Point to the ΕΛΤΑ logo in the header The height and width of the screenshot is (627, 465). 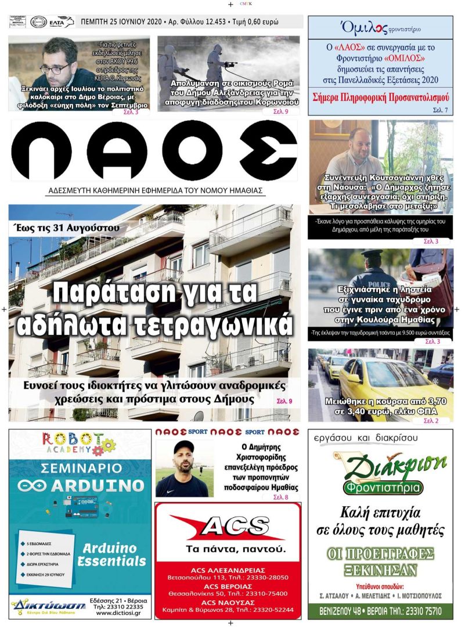(61, 22)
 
